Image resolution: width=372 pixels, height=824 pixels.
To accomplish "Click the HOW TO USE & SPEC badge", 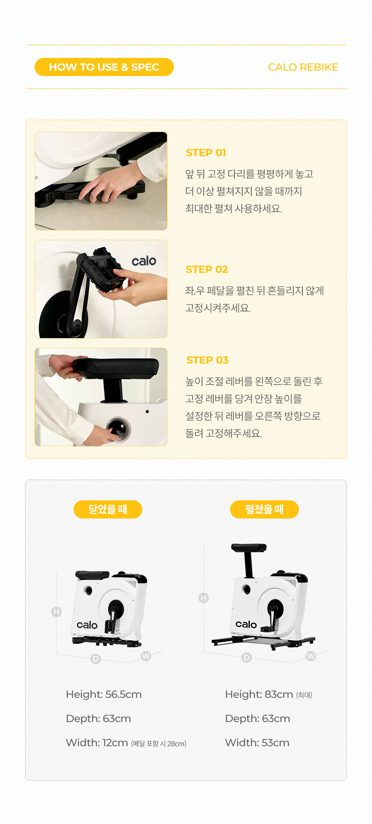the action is (x=104, y=67).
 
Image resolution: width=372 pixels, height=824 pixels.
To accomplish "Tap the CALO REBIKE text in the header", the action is (x=303, y=67).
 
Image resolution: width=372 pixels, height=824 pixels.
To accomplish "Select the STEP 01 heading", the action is (x=206, y=153).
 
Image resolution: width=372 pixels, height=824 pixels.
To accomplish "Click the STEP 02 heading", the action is (x=207, y=269).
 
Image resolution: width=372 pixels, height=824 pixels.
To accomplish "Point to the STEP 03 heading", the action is (x=207, y=360).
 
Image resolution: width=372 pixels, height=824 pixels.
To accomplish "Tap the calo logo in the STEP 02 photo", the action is (x=144, y=261).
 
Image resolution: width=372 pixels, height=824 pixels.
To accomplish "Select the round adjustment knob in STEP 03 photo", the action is (x=117, y=428).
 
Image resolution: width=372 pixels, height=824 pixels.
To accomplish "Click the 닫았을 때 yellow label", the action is (x=108, y=509).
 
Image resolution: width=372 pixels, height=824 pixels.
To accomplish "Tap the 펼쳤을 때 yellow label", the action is (x=264, y=509).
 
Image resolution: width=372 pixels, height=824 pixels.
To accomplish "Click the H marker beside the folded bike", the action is (x=57, y=611).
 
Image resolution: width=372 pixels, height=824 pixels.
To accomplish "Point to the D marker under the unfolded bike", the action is (x=247, y=658).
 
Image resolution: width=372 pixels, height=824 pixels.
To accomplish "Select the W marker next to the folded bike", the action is (x=146, y=656).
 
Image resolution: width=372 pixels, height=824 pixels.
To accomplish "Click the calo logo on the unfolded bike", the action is (x=246, y=624).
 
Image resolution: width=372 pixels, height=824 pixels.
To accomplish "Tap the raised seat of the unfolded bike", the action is (x=249, y=548).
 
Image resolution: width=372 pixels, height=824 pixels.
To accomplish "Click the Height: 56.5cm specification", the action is (x=104, y=694).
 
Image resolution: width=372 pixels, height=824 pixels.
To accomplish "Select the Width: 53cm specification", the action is (x=257, y=743).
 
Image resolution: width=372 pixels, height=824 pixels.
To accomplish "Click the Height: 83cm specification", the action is (x=259, y=694).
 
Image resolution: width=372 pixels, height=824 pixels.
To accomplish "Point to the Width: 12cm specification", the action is (x=97, y=743).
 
